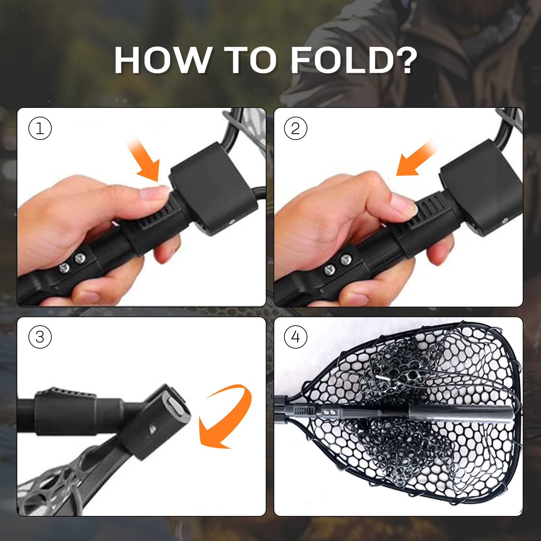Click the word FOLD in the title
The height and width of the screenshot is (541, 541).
click(342, 60)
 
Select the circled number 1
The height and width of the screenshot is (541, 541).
click(40, 128)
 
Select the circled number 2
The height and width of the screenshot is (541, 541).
click(296, 128)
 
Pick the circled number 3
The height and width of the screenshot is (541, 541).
click(40, 337)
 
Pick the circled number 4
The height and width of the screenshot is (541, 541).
click(296, 337)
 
